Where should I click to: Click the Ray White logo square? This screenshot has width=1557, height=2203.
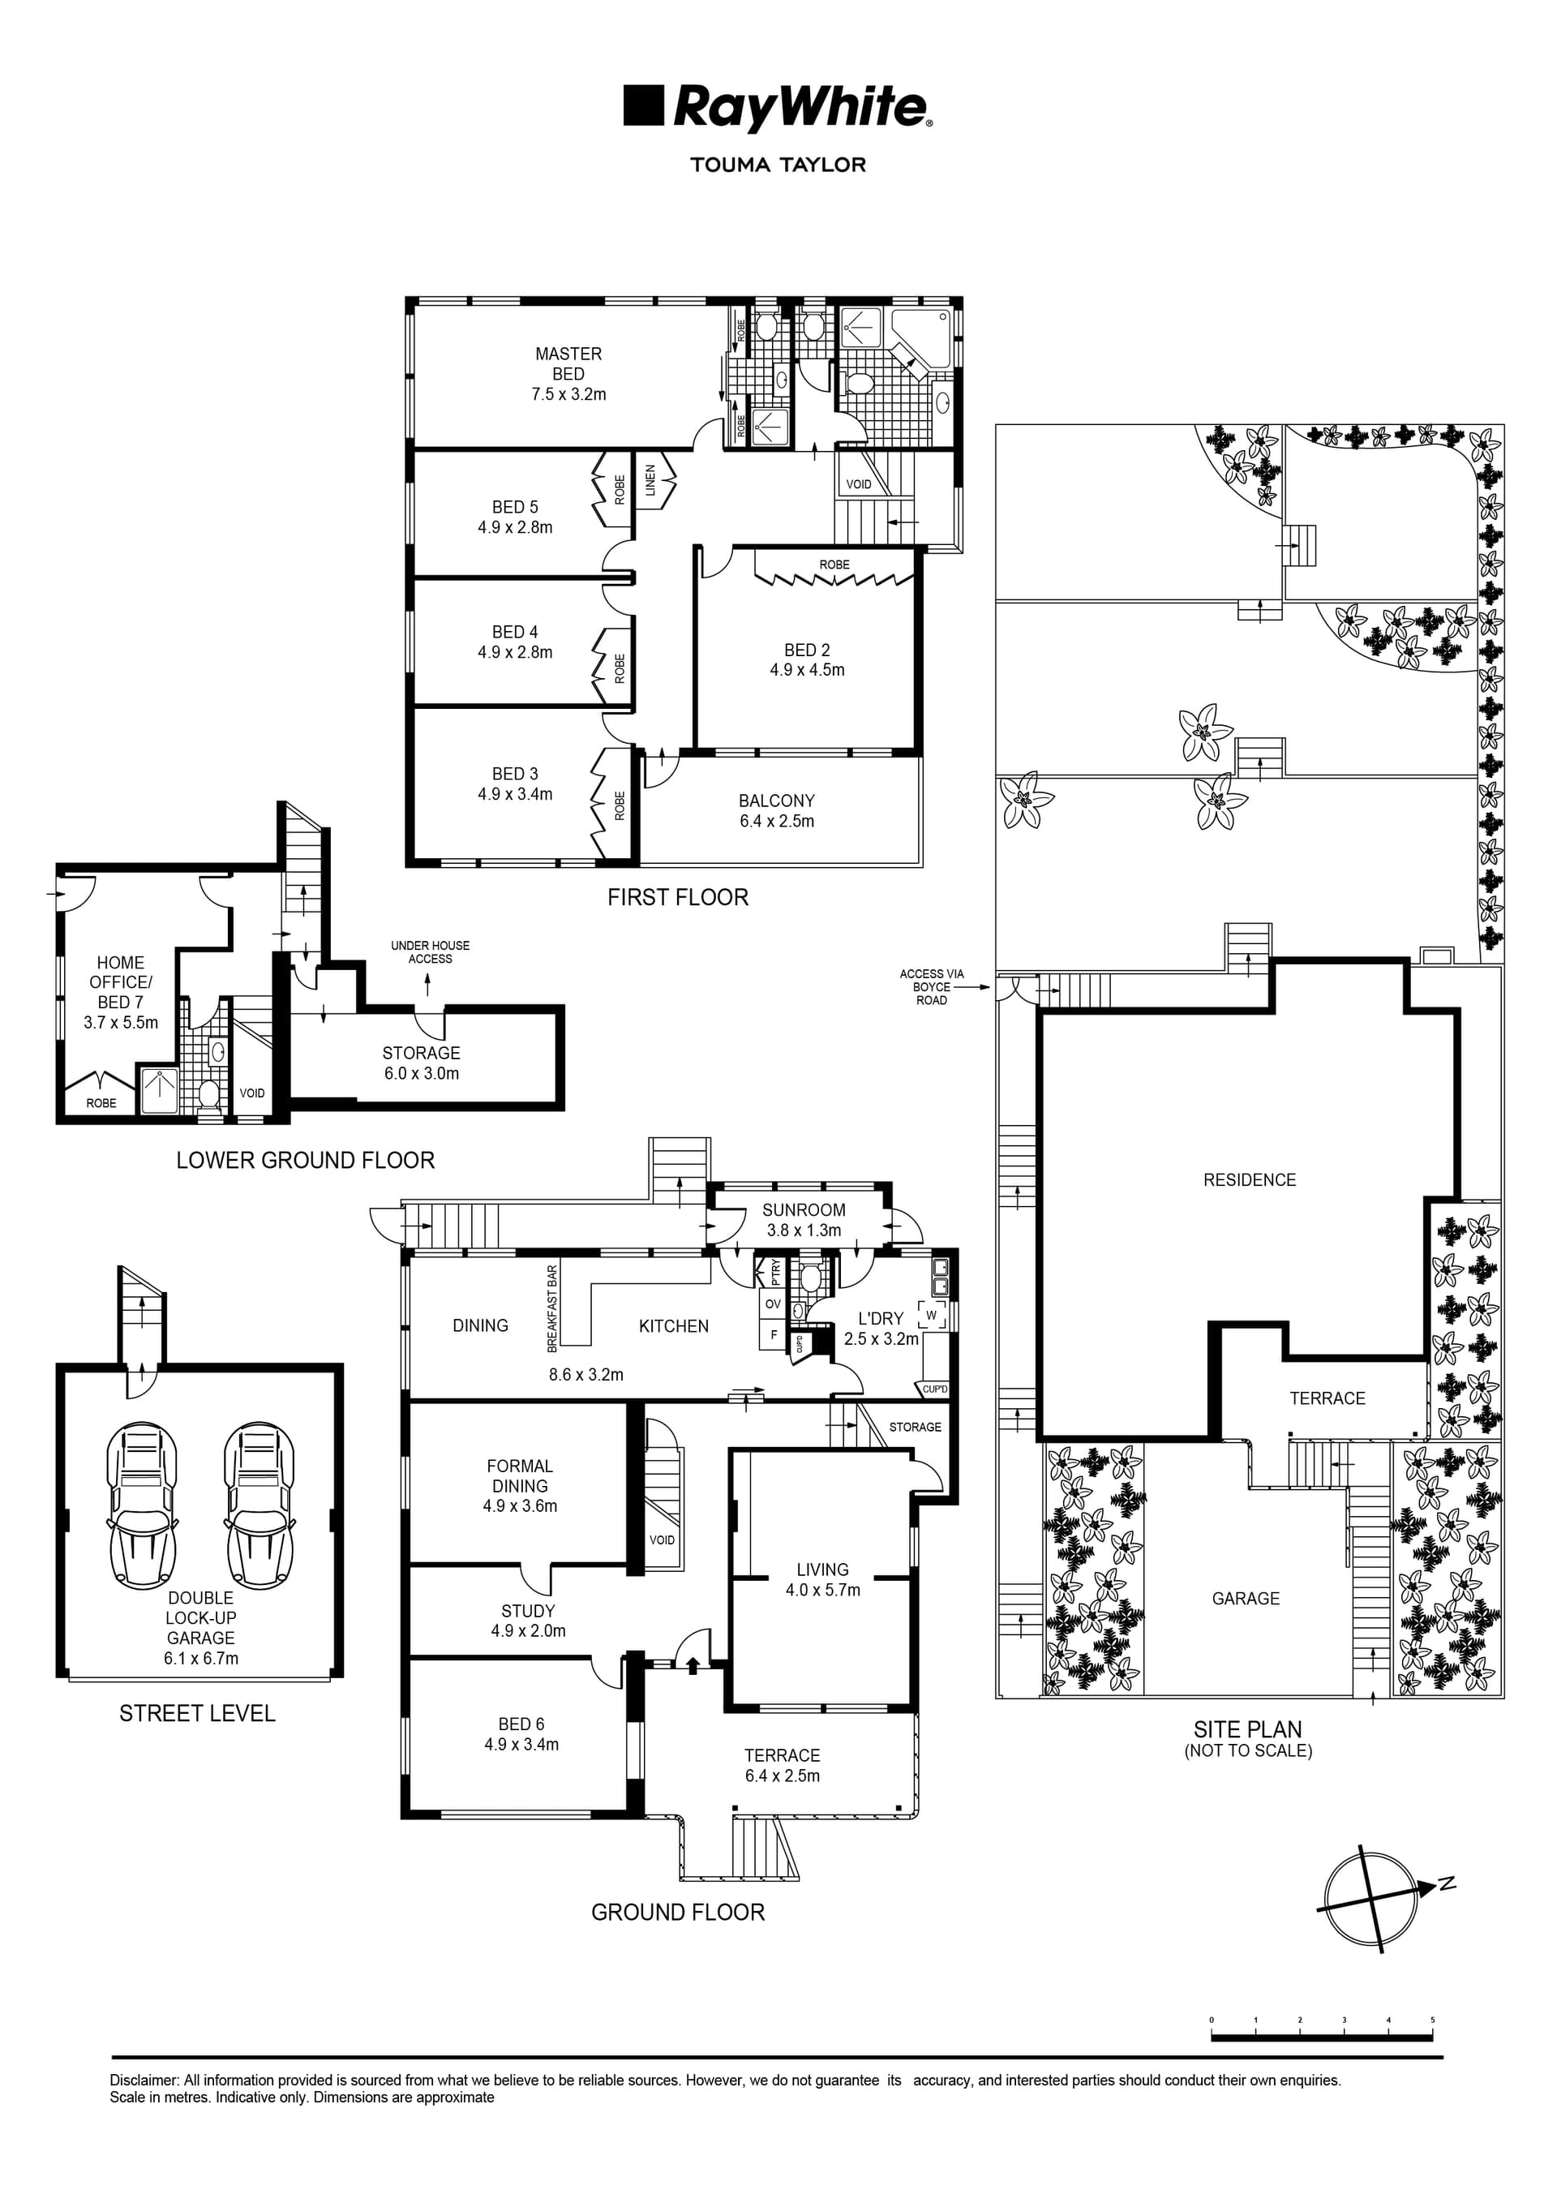pyautogui.click(x=643, y=105)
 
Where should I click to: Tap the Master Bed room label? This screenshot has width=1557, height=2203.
pyautogui.click(x=568, y=363)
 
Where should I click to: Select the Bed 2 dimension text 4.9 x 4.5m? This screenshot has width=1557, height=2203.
pyautogui.click(x=807, y=670)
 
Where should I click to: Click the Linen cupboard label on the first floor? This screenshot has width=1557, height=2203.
pyautogui.click(x=650, y=479)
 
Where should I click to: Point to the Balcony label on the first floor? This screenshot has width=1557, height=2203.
pyautogui.click(x=776, y=801)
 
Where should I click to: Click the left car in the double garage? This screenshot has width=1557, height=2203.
pyautogui.click(x=142, y=1505)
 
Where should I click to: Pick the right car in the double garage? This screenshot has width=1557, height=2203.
pyautogui.click(x=259, y=1505)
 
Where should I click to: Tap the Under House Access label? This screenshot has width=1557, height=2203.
pyautogui.click(x=430, y=951)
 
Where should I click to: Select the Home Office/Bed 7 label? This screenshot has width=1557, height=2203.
pyautogui.click(x=120, y=981)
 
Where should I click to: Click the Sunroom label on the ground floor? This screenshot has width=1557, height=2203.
pyautogui.click(x=803, y=1210)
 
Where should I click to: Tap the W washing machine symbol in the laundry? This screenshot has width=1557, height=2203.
pyautogui.click(x=931, y=1315)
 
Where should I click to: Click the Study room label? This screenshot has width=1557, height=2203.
pyautogui.click(x=528, y=1611)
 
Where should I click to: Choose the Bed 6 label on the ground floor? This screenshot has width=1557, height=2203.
pyautogui.click(x=521, y=1724)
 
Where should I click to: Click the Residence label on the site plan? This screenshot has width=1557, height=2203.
pyautogui.click(x=1249, y=1180)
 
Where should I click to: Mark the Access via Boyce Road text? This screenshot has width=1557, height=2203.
pyautogui.click(x=932, y=986)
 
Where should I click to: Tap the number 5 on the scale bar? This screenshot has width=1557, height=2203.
pyautogui.click(x=1432, y=2020)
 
